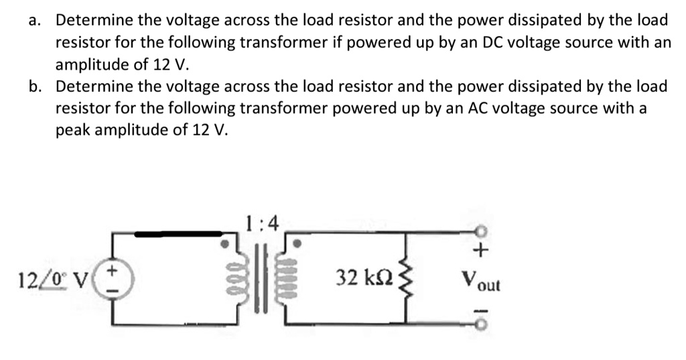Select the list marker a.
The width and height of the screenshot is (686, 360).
[x=35, y=20]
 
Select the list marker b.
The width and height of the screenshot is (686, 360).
[x=35, y=86]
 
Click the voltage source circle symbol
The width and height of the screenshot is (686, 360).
[x=113, y=277]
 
